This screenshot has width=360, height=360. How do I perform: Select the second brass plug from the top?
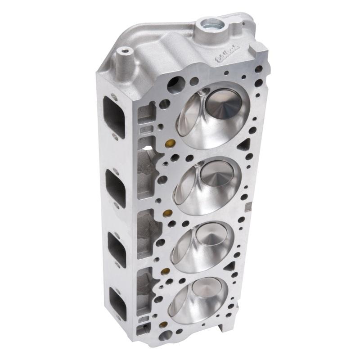(x=169, y=213)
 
